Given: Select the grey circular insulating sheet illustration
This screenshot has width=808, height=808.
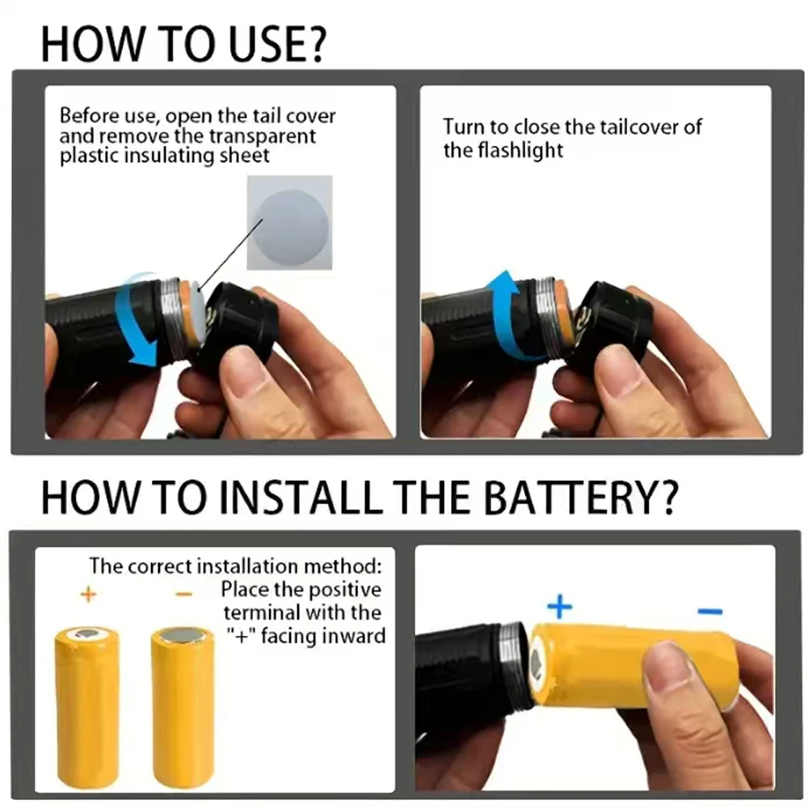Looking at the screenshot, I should click(289, 223).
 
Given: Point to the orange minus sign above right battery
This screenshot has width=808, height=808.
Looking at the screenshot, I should click(183, 595).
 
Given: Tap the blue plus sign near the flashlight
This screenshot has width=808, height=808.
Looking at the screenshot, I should click(559, 606).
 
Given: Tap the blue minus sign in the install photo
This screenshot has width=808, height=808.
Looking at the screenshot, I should click(709, 612).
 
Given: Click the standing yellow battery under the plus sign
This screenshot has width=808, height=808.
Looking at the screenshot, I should click(87, 707).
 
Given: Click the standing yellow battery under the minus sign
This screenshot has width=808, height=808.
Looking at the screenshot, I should click(183, 707).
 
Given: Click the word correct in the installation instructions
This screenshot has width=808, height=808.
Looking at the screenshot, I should click(158, 566).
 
